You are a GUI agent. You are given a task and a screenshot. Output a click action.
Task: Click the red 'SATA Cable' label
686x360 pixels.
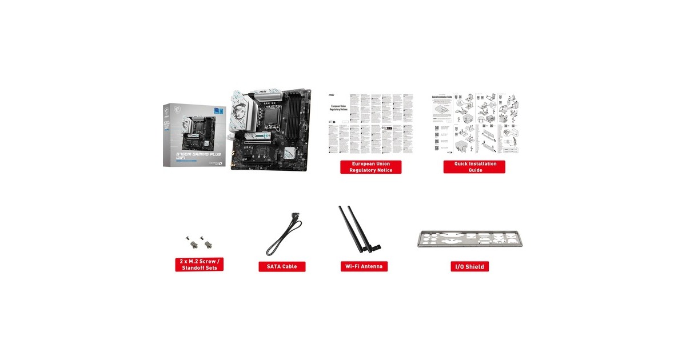(282, 266)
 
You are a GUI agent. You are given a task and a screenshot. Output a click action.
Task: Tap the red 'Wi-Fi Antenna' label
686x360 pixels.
(364, 266)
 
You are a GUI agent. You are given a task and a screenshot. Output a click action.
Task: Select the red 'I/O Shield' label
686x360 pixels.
(469, 266)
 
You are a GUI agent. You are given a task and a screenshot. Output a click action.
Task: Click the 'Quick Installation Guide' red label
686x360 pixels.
(474, 167)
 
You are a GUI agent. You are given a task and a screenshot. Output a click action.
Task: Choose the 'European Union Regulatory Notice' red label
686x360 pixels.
(370, 167)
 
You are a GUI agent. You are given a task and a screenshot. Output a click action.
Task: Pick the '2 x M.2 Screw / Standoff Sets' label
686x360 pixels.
(199, 265)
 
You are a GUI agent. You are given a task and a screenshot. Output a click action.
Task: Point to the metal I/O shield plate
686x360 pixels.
(470, 239)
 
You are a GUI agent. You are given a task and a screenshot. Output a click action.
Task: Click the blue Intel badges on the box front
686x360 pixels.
(219, 109)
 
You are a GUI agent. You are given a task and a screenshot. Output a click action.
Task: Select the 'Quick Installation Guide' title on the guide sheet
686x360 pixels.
(441, 97)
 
